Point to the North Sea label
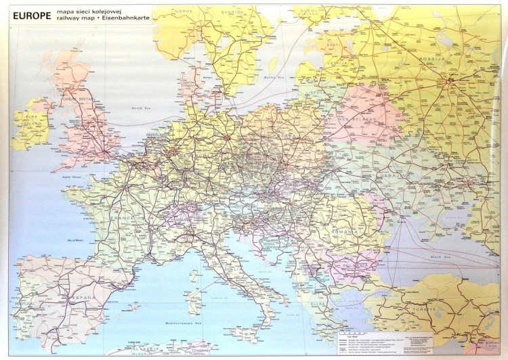[141, 108]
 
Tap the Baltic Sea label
[272, 78]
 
